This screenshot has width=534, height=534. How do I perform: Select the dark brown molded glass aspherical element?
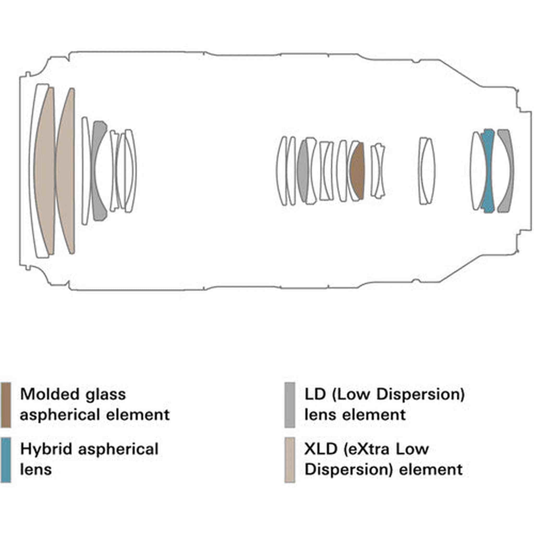click(x=358, y=171)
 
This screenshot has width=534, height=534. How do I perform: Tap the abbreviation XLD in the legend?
click(x=321, y=449)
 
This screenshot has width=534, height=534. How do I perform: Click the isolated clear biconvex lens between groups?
click(x=427, y=171)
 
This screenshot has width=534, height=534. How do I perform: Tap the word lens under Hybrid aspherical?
click(x=36, y=469)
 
